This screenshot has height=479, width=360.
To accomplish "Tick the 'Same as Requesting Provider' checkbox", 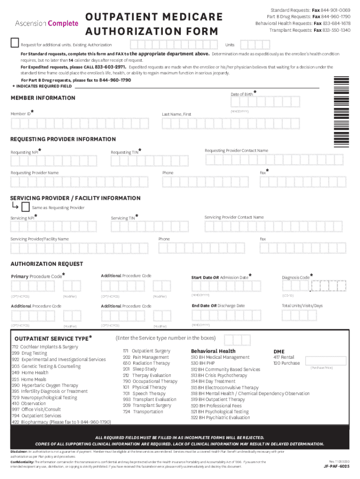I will pos(26,207).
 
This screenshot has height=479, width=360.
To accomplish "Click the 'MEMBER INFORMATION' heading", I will pos(43,98).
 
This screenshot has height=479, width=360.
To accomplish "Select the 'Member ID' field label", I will pos(21,114).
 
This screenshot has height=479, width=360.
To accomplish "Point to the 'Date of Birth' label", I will pos(242,94).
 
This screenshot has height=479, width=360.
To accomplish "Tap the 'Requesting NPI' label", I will pos(25,152).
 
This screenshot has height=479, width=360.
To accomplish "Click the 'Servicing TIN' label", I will pos(123,218).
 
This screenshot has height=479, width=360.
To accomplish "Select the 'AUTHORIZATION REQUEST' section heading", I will pos(47,264).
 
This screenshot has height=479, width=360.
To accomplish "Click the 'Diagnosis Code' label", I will pos(295,277).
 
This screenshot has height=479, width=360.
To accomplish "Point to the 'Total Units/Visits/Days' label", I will pos(302,306).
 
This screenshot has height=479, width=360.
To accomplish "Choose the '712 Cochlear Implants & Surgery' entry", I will pos(44,347).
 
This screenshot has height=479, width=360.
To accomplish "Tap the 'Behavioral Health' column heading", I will pos(213,351).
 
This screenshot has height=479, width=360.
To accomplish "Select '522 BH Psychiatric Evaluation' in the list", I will pos(220,417).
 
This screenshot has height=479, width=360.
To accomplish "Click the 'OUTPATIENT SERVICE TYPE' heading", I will pos(51,338).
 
